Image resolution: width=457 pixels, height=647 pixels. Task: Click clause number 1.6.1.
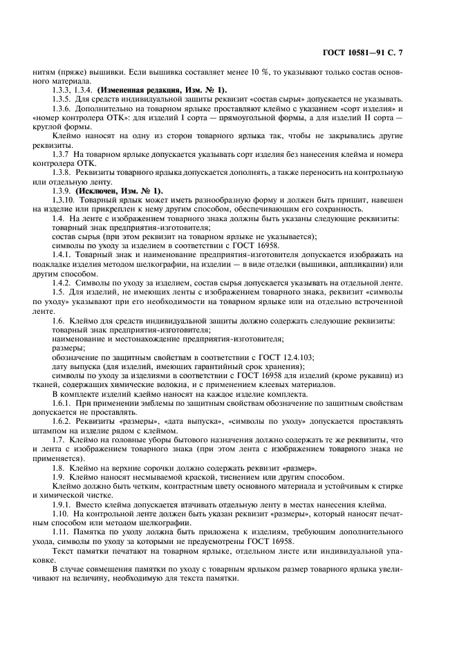(64, 402)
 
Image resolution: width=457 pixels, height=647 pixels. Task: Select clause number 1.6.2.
(64, 420)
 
